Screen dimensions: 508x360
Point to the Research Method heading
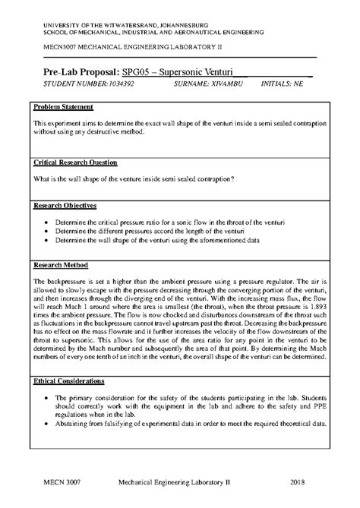(62, 265)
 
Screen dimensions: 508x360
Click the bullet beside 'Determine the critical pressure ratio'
(49, 221)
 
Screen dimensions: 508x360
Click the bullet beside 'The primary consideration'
(49, 397)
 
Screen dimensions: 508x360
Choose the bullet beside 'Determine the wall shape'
(49, 241)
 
